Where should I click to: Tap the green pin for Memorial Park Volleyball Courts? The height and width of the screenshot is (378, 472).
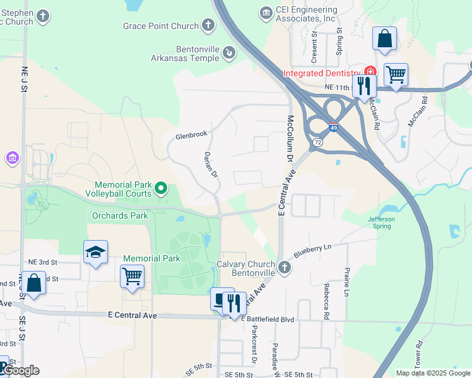161,188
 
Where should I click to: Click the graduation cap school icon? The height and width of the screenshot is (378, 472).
95,252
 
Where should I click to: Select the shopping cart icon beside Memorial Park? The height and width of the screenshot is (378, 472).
132,276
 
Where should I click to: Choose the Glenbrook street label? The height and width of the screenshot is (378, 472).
191,135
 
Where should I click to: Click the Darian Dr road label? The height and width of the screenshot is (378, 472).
211,164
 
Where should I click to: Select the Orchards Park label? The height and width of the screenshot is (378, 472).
120,215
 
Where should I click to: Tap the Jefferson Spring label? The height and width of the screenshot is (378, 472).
382,222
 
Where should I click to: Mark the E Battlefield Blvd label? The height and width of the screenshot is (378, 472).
269,319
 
